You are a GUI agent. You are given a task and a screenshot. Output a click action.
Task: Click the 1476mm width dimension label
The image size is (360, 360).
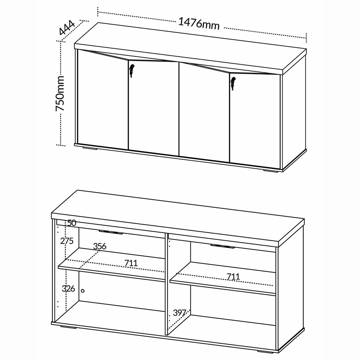tap(199, 24)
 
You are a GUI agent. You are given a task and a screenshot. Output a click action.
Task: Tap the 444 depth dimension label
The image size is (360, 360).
tap(67, 28)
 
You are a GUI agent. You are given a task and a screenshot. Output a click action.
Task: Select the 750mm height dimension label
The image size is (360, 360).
tap(60, 93)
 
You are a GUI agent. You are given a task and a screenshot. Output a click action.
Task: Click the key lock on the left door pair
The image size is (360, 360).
tap(132, 70)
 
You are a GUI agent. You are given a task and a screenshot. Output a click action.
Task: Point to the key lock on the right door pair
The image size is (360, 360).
tap(233, 83)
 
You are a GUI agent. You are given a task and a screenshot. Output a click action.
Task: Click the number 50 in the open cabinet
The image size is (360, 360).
tap(72, 223)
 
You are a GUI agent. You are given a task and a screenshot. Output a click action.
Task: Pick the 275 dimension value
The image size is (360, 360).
tap(67, 241)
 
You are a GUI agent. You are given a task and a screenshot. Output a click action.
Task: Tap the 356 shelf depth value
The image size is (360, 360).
tap(100, 246)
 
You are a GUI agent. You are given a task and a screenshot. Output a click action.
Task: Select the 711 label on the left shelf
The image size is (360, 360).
tap(131, 263)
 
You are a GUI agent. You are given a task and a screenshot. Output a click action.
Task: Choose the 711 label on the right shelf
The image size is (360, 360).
tap(233, 277)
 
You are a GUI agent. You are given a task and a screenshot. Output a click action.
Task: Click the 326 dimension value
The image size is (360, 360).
tap(68, 289)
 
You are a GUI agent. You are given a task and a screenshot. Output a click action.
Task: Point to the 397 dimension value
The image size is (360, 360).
tap(180, 313)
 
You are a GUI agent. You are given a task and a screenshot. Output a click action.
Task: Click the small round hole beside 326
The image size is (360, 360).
tap(82, 291)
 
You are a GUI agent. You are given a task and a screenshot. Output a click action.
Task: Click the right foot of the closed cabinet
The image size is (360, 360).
tap(270, 171)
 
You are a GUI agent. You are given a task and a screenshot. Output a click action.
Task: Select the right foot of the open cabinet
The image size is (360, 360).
tap(265, 352)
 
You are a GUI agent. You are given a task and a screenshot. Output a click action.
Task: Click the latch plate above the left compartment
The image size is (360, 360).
tap(111, 232)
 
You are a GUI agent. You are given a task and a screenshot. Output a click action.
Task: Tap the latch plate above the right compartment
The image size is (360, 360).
tap(223, 246)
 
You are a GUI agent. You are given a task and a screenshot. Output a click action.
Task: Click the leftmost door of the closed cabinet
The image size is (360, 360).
tap(103, 100)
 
